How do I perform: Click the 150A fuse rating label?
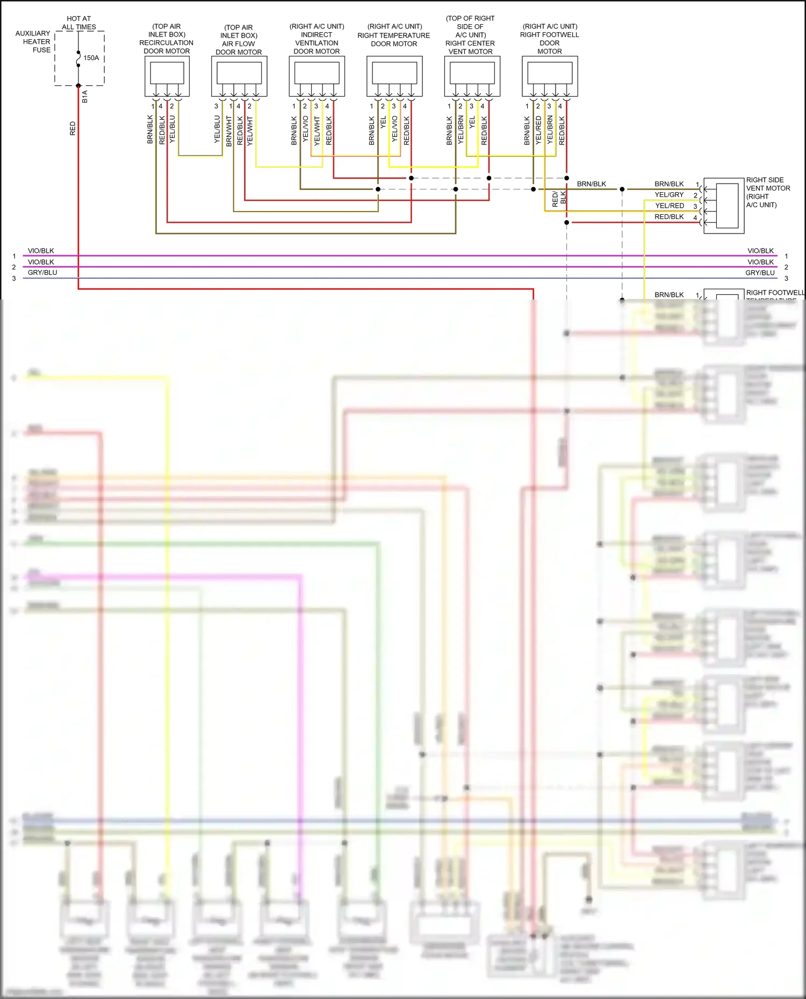tap(91, 57)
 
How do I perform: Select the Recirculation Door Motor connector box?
tap(167, 76)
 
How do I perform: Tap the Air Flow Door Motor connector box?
tap(239, 76)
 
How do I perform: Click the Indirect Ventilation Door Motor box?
tap(316, 76)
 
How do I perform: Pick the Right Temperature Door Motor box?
tap(394, 76)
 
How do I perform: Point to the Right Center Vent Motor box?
tap(472, 76)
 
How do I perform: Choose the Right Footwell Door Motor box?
tap(550, 76)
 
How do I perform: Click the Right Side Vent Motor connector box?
tap(724, 206)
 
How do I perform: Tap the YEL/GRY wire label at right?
tap(669, 195)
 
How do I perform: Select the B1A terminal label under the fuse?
tap(85, 97)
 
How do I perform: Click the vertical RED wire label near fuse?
tap(73, 128)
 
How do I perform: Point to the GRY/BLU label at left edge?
tap(42, 273)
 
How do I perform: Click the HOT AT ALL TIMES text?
tap(78, 23)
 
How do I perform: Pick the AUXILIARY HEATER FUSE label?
tap(33, 41)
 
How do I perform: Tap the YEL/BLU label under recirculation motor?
tap(172, 129)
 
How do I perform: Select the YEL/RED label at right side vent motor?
tap(670, 206)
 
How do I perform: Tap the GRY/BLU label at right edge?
tap(760, 273)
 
